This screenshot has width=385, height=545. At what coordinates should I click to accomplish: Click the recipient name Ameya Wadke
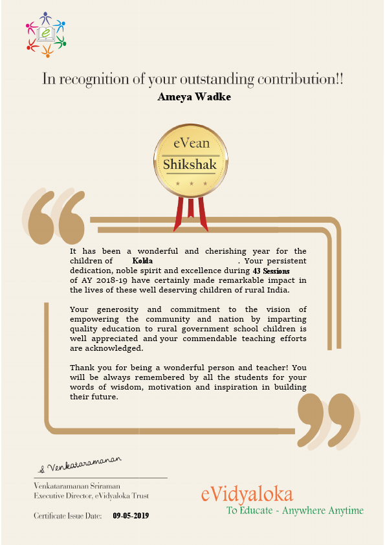(193, 97)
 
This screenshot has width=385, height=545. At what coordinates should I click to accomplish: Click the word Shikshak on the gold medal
(190, 164)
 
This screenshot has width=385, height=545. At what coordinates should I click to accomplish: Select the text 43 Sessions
(272, 270)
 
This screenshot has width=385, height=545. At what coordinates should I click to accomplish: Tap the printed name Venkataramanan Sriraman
(77, 485)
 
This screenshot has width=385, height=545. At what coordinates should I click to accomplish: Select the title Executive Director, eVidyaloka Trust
(91, 495)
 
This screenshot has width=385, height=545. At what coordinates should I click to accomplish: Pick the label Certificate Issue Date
(68, 516)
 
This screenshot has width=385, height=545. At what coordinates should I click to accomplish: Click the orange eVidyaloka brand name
(247, 495)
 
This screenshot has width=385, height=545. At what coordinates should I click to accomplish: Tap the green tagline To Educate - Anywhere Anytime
(294, 511)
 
